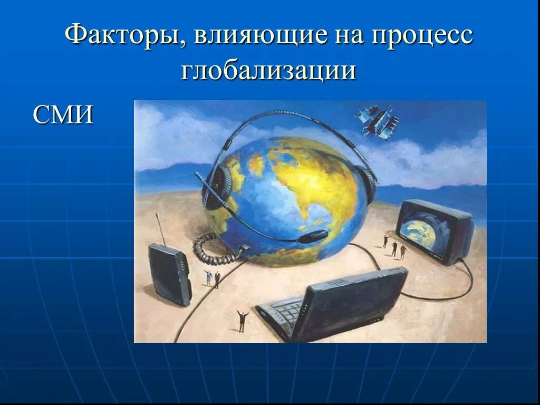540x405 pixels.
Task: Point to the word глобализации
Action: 269,70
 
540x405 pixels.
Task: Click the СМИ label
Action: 63,114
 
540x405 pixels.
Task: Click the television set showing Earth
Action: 435,231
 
